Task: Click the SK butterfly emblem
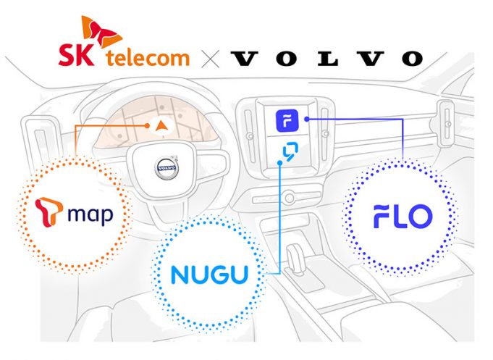(101, 31)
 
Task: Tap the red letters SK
(76, 54)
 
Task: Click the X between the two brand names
(211, 59)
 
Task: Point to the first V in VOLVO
(244, 59)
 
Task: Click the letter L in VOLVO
(327, 59)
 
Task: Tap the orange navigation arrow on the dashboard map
(161, 125)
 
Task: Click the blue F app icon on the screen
(287, 120)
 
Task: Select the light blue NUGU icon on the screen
(290, 151)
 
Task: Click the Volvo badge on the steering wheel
(167, 168)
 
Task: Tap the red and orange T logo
(49, 212)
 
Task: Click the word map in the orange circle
(90, 215)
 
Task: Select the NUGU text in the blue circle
(209, 275)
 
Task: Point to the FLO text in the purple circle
(403, 216)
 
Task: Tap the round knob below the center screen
(289, 198)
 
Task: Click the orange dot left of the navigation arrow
(147, 125)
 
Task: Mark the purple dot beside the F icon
(307, 119)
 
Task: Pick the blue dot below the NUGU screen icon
(279, 163)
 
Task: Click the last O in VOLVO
(412, 59)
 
